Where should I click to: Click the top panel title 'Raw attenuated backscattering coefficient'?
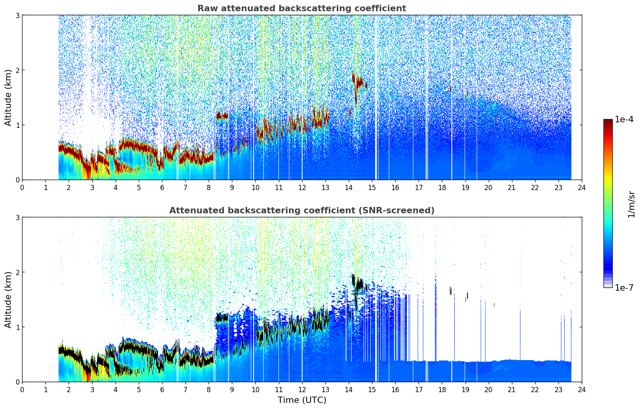(x=301, y=8)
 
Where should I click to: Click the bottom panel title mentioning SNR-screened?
(x=301, y=211)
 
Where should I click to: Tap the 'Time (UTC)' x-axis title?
(x=302, y=400)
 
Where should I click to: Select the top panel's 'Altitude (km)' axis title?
(x=8, y=97)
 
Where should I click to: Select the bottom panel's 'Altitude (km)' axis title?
(x=8, y=300)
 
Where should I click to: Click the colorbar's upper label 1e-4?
(x=624, y=119)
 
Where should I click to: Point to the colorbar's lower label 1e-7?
(x=624, y=288)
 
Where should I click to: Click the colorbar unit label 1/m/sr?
(x=631, y=204)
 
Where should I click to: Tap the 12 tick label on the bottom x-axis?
(x=302, y=390)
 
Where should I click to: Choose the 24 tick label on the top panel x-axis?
(x=581, y=188)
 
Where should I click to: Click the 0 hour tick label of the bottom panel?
(x=22, y=390)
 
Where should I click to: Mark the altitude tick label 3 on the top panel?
(x=17, y=15)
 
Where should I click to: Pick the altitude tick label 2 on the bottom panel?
(x=17, y=272)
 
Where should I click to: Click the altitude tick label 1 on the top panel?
(x=17, y=125)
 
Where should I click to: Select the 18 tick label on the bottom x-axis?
(x=442, y=390)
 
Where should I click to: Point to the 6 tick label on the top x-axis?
(x=162, y=188)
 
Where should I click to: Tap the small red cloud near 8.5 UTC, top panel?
(x=222, y=116)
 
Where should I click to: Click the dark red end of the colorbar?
(x=607, y=122)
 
